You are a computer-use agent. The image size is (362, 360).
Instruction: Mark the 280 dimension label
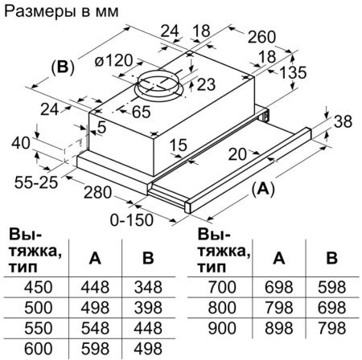[100, 193]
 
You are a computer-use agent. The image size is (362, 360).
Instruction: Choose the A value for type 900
[278, 329]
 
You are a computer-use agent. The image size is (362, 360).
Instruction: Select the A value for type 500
[94, 308]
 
